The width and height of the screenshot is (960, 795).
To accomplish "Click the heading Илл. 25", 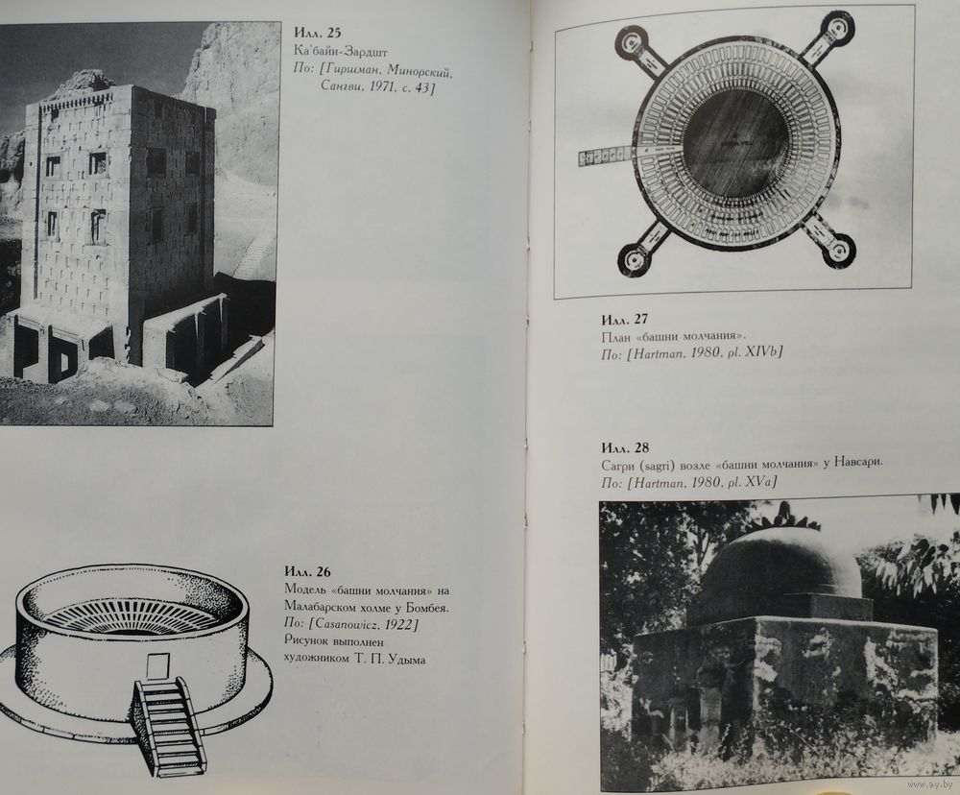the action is click(x=317, y=34).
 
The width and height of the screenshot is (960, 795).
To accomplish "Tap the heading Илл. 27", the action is click(x=624, y=320).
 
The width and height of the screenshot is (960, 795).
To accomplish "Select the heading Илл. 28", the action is click(x=625, y=447).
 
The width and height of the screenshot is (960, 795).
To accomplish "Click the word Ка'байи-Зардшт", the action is click(x=341, y=52).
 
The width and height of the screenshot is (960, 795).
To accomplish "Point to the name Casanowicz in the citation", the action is click(x=352, y=625).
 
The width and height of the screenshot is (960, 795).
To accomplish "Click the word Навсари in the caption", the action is click(x=856, y=464).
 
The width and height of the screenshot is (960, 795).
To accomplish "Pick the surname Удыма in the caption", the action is click(x=406, y=660).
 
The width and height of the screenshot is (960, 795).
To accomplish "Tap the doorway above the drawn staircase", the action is click(x=158, y=665).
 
